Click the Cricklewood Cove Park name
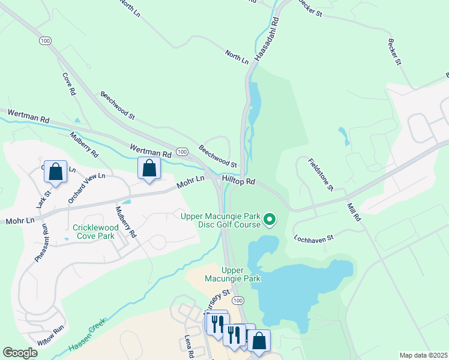tap(93, 232)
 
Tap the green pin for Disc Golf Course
tap(270, 220)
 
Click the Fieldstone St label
tap(321, 175)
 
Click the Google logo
tap(20, 353)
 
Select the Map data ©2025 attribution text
tap(423, 355)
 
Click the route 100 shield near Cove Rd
tap(44, 40)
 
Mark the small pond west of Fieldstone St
tap(343, 136)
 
